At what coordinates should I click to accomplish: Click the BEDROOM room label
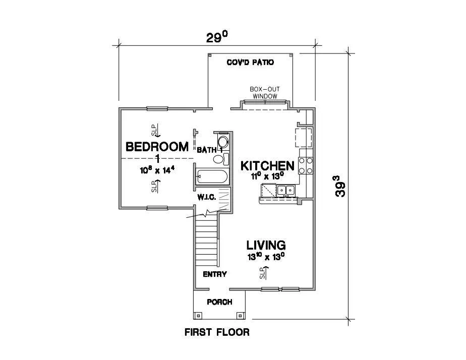pos(157,147)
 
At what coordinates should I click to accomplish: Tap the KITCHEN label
pos(267,166)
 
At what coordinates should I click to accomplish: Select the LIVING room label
pos(266,246)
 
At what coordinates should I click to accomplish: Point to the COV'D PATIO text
pos(250,63)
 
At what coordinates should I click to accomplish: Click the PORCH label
pos(219,302)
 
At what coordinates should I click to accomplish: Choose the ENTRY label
pos(214,274)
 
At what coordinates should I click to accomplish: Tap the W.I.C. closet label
pos(207,197)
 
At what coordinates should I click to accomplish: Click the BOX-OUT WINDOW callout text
pos(265,93)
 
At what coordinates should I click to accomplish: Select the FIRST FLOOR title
pos(217,332)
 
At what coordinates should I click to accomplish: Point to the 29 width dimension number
pos(217,37)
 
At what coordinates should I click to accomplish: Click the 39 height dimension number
pos(340,186)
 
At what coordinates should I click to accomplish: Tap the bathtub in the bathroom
pos(212,176)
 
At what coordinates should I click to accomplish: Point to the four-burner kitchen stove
pos(306,166)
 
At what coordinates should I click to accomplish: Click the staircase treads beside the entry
pos(207,240)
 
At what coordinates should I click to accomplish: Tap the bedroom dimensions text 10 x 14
pos(157,170)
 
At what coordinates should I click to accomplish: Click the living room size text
pos(266,257)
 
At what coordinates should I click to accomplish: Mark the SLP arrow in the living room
pos(264,273)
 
